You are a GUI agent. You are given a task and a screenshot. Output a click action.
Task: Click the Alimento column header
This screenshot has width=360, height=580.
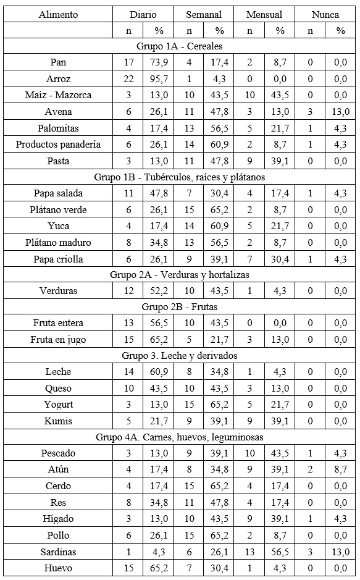click(x=59, y=14)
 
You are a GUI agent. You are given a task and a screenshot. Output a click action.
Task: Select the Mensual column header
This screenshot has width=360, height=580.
click(x=264, y=14)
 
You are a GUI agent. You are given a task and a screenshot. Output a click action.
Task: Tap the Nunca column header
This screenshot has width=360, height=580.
click(x=325, y=14)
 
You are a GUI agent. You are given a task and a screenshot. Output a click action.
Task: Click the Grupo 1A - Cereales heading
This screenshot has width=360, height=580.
click(x=180, y=46)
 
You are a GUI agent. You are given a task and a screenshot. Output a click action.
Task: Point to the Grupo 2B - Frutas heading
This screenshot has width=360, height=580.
click(x=180, y=306)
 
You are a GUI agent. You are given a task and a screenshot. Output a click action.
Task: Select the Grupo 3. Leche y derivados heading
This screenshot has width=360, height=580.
click(x=180, y=355)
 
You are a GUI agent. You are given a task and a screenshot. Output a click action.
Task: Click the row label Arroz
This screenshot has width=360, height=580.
click(x=59, y=79)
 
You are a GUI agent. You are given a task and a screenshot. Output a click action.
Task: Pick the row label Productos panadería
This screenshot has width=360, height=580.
click(x=59, y=145)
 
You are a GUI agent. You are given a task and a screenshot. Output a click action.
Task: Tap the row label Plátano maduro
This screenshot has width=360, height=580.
click(x=59, y=243)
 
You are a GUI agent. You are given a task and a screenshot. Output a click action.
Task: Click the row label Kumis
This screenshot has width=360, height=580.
click(x=59, y=421)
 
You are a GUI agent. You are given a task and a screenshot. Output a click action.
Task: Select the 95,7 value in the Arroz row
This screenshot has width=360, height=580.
click(x=159, y=79)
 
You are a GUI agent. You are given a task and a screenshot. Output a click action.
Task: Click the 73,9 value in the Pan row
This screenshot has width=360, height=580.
click(x=159, y=62)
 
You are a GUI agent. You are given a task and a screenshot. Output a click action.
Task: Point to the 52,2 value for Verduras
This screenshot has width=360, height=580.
click(x=159, y=290)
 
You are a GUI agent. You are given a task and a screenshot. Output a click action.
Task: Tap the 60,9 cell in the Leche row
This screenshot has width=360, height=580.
click(x=159, y=372)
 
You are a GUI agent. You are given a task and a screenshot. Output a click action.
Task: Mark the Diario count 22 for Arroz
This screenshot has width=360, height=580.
click(x=128, y=79)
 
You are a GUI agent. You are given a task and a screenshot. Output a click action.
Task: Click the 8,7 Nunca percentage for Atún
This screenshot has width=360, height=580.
click(x=340, y=469)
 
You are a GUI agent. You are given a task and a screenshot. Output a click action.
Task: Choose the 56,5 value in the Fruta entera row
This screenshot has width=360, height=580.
click(x=159, y=323)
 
